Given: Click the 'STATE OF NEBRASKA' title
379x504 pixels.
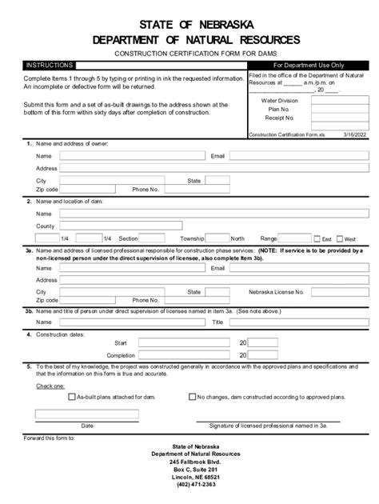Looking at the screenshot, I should pos(189,24).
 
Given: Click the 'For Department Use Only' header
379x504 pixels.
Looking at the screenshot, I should pos(309,65).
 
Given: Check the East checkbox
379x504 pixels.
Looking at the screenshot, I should pos(317,239).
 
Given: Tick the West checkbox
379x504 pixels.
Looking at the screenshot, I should pos(339,239).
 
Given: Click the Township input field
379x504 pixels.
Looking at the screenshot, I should pos(217,238).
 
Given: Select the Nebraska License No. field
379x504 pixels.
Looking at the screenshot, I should pos(345,292).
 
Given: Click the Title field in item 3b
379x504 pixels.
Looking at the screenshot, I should pos(296,322).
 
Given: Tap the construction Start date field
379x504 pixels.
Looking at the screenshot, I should pos(186,342).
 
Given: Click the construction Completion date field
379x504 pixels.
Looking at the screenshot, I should pos(186,355).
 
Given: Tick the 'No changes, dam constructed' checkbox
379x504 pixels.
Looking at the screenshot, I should pos(192,396).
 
